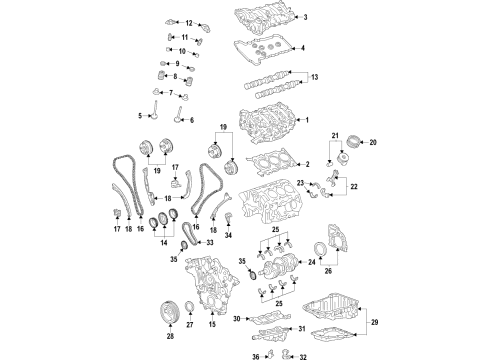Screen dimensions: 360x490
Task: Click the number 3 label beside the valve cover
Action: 306,17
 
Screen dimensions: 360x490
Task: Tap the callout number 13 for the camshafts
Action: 317,77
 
